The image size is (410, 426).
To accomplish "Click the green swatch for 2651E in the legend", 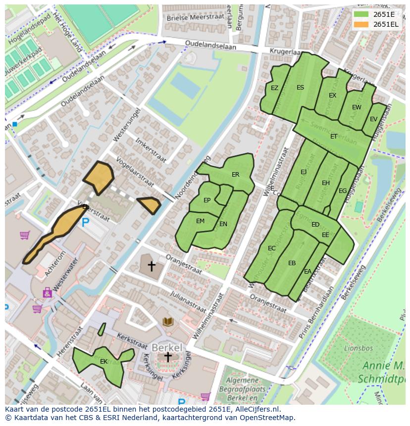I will click(x=361, y=14).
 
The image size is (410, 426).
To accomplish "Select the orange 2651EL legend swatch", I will click(x=361, y=24).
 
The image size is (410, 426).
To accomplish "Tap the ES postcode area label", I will click(x=300, y=88).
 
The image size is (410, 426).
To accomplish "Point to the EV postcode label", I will click(x=373, y=119).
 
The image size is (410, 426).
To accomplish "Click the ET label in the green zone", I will click(x=334, y=137).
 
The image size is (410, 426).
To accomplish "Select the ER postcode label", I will click(x=235, y=175).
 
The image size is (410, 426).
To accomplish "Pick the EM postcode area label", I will click(x=200, y=221).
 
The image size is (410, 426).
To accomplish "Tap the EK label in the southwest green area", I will click(x=103, y=362).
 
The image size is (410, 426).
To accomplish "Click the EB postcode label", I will click(x=292, y=263).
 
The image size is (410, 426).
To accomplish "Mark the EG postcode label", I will click(x=343, y=191).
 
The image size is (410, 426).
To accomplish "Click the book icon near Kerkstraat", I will click(x=168, y=322).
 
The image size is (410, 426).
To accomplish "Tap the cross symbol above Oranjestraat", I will click(x=152, y=266).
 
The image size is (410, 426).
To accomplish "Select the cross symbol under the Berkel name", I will click(x=168, y=357).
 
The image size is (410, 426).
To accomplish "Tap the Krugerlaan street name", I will click(x=286, y=51).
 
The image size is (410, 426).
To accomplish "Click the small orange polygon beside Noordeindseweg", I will click(x=148, y=204).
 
